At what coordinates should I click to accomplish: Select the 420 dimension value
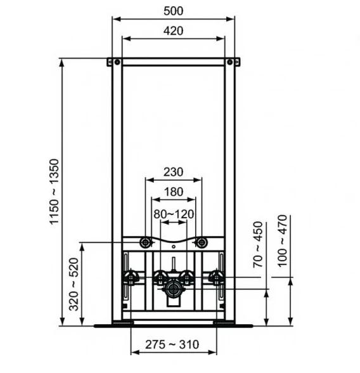[x=174, y=30]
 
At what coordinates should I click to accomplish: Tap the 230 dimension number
[x=174, y=172]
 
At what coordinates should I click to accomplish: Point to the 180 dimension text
[x=174, y=192]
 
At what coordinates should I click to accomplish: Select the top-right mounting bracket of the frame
[x=233, y=62]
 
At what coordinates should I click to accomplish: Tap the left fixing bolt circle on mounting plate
[x=146, y=243]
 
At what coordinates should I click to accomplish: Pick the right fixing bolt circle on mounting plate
[x=201, y=243]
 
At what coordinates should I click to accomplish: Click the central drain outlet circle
[x=173, y=289]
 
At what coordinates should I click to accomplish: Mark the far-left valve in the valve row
[x=131, y=277]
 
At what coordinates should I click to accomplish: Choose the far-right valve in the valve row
[x=217, y=277]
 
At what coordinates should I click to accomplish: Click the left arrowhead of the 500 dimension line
[x=115, y=18]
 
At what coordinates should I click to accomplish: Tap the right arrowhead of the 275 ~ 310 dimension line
[x=214, y=353]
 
